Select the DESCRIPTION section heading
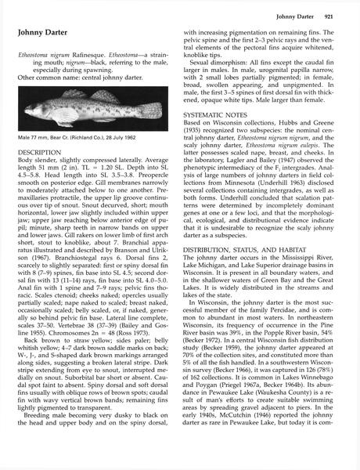[40, 151]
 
